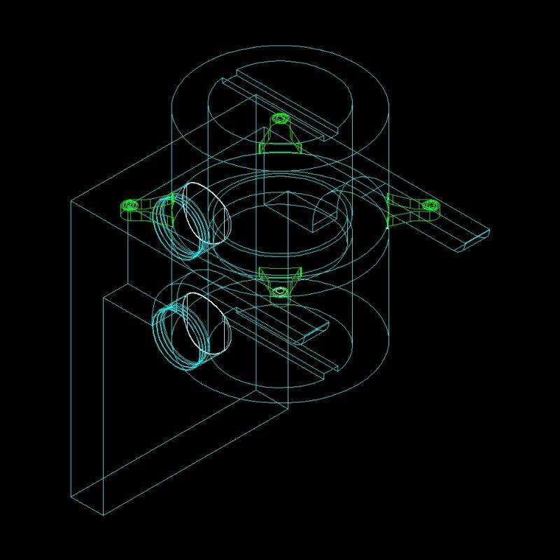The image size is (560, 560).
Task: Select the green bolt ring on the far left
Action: pyautogui.click(x=129, y=205)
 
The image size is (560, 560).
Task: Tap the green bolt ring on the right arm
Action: pyautogui.click(x=430, y=205)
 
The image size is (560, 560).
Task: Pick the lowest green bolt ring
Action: pyautogui.click(x=280, y=290)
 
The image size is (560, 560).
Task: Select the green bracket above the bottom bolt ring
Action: pyautogui.click(x=280, y=274)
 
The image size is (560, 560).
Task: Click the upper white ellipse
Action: pyautogui.click(x=208, y=213)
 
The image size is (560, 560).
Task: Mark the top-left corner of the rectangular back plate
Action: pyautogui.click(x=71, y=202)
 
